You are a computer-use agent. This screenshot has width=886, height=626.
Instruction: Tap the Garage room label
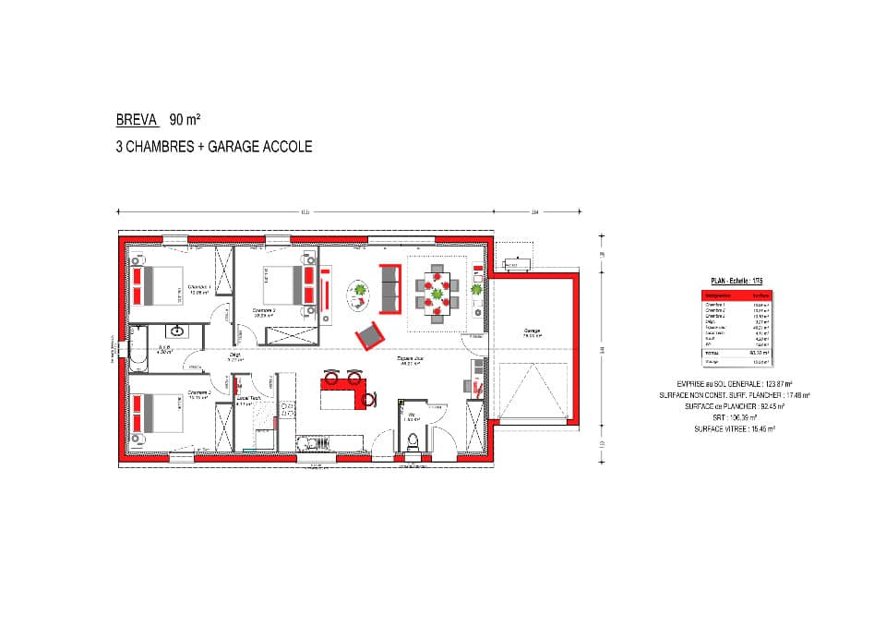532,331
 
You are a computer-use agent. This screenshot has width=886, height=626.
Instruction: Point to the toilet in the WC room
413,441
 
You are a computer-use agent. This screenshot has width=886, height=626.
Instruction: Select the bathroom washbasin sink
177,330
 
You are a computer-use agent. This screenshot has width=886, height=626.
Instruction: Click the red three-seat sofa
389,287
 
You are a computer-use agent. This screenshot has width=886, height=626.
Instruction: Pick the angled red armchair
369,334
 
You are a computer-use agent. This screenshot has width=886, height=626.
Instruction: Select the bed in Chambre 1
156,284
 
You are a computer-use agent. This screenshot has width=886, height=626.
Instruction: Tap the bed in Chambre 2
155,413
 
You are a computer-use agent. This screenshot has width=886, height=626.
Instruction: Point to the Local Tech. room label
248,398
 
